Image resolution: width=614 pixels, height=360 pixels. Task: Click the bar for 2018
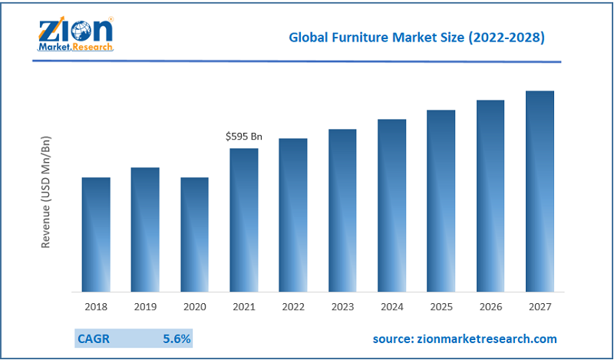click(96, 234)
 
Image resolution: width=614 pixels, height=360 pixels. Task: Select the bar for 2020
click(194, 234)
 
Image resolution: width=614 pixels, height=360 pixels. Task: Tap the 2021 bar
click(244, 220)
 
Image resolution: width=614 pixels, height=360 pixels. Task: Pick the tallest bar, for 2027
click(540, 191)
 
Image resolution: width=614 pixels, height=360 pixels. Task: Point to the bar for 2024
click(391, 205)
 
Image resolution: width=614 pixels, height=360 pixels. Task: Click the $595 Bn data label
click(244, 137)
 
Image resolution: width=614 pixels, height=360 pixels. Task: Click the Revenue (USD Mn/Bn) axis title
click(46, 192)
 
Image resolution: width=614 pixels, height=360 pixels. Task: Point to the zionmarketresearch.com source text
click(465, 338)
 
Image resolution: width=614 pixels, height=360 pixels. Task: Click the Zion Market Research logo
click(75, 33)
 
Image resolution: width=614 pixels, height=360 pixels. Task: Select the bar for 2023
click(342, 210)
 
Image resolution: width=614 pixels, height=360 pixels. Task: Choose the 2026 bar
click(490, 196)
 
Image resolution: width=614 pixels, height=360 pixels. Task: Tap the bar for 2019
click(145, 230)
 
